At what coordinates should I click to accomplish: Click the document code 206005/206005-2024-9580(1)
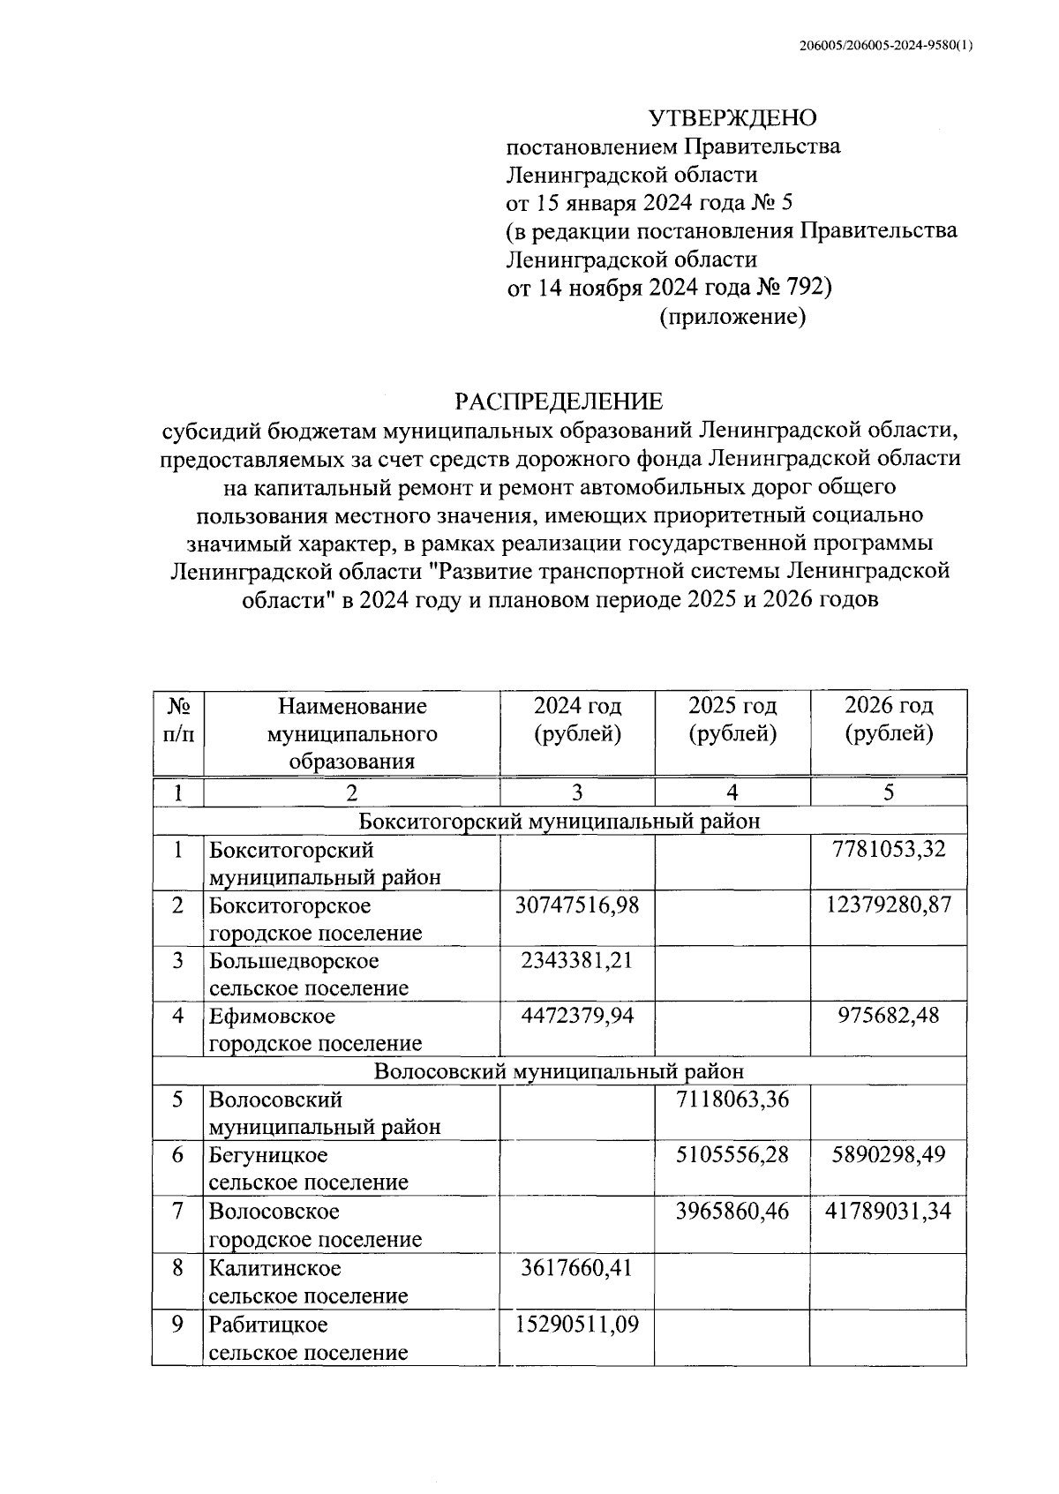tap(882, 47)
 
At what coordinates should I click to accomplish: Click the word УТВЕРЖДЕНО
tap(733, 118)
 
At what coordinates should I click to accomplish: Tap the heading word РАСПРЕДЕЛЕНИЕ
tap(559, 402)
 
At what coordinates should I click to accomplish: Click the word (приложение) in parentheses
tap(732, 316)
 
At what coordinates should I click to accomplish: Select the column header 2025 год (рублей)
tap(732, 719)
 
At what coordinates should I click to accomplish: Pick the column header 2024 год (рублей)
tap(577, 719)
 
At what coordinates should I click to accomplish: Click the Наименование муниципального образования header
tap(351, 733)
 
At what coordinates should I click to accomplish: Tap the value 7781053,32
tap(889, 850)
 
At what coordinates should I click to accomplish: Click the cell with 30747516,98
tap(577, 905)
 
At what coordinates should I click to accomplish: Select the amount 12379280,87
tap(889, 905)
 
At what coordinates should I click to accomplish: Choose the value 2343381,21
tap(577, 960)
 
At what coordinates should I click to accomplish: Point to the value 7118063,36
tap(732, 1100)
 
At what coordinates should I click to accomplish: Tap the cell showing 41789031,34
tap(889, 1211)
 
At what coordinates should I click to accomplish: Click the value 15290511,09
tap(577, 1324)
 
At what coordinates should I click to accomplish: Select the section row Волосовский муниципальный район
tap(559, 1071)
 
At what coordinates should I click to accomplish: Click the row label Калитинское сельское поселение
tap(309, 1281)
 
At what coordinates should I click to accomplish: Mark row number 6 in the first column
tap(178, 1155)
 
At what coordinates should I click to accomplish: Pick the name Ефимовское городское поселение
tap(315, 1029)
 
